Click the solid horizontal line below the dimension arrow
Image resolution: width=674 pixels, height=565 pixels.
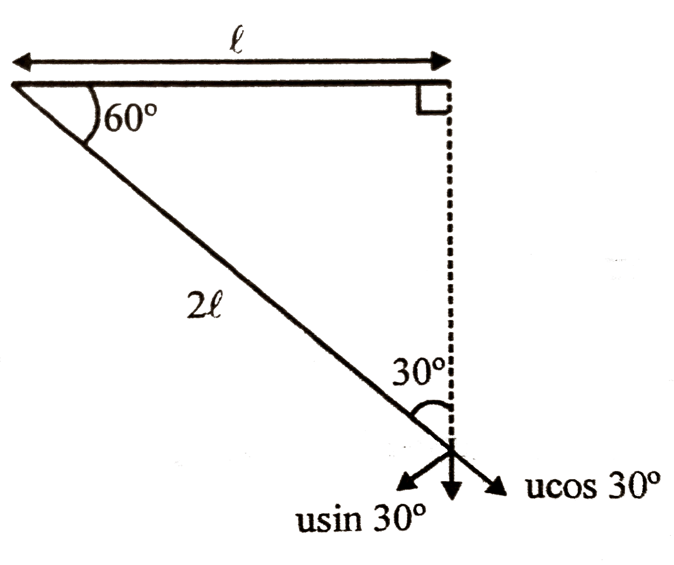click(x=228, y=83)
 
